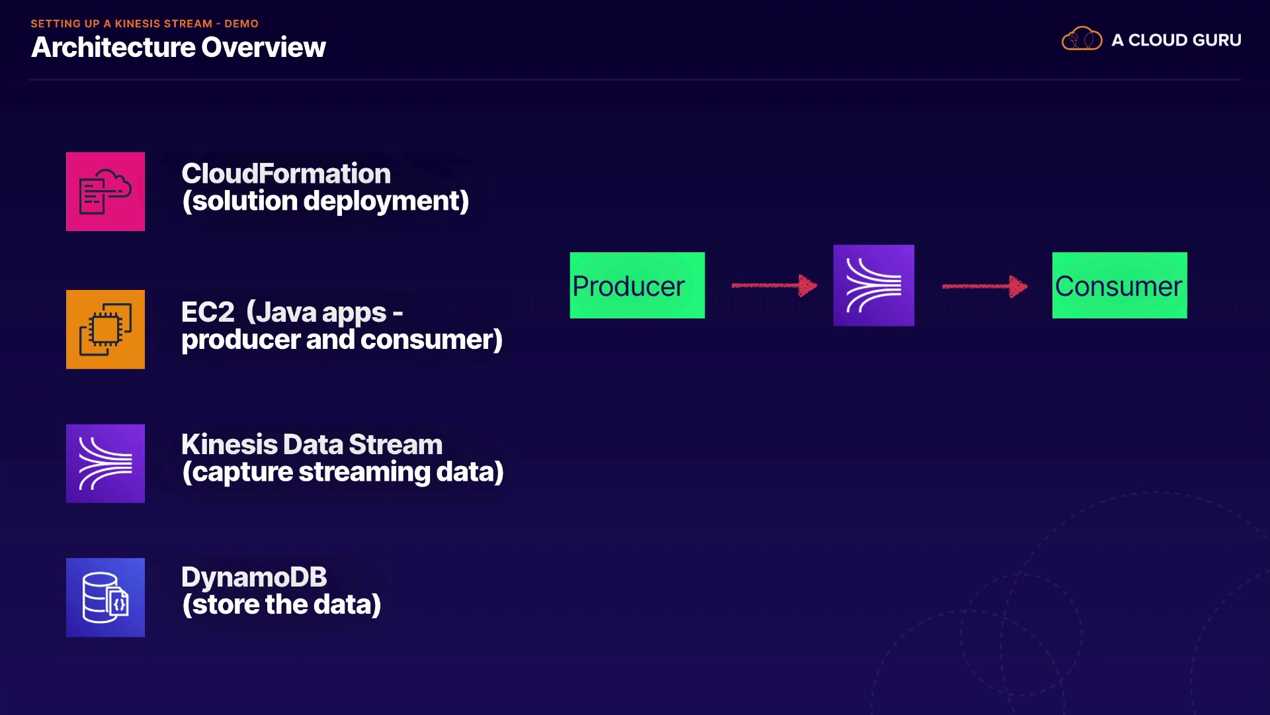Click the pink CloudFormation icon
(105, 191)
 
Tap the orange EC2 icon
(105, 329)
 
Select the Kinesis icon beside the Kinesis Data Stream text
(105, 463)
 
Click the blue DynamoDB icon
(105, 597)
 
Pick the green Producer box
(637, 285)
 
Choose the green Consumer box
(1119, 285)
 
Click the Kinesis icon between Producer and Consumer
(873, 285)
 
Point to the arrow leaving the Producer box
(774, 285)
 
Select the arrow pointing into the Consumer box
(984, 286)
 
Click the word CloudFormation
(286, 173)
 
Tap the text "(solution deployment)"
(325, 201)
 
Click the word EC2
(208, 312)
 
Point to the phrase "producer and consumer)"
(342, 340)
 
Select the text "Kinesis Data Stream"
(312, 444)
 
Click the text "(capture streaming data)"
(343, 472)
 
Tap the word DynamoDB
(254, 577)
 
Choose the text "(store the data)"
(281, 604)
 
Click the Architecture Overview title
(179, 47)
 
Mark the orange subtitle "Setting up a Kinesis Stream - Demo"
(144, 24)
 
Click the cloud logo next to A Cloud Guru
(1081, 39)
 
